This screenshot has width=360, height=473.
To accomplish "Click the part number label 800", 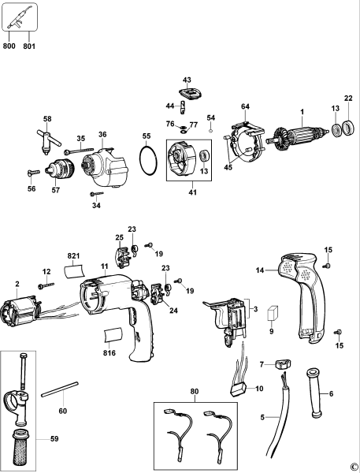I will tap(9, 46).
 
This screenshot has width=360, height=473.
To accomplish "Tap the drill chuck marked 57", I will tap(58, 169).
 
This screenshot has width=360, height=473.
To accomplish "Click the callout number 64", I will tap(245, 106).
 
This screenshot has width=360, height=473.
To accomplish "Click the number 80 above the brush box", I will tap(195, 391).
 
